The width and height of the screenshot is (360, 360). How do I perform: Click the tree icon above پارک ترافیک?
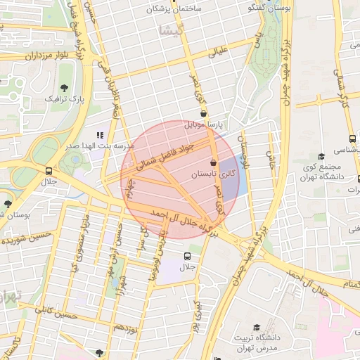[65, 88]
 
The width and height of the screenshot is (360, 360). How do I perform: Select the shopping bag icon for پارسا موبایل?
[203, 113]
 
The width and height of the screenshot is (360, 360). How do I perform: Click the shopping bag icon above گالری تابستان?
[212, 162]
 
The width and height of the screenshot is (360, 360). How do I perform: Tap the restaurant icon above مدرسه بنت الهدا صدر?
[99, 134]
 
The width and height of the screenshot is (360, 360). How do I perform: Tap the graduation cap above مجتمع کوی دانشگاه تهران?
[321, 156]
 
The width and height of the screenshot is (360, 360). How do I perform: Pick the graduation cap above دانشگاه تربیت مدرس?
[257, 328]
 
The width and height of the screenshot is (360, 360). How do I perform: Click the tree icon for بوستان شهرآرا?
[8, 204]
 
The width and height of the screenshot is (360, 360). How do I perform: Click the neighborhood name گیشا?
[171, 30]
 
